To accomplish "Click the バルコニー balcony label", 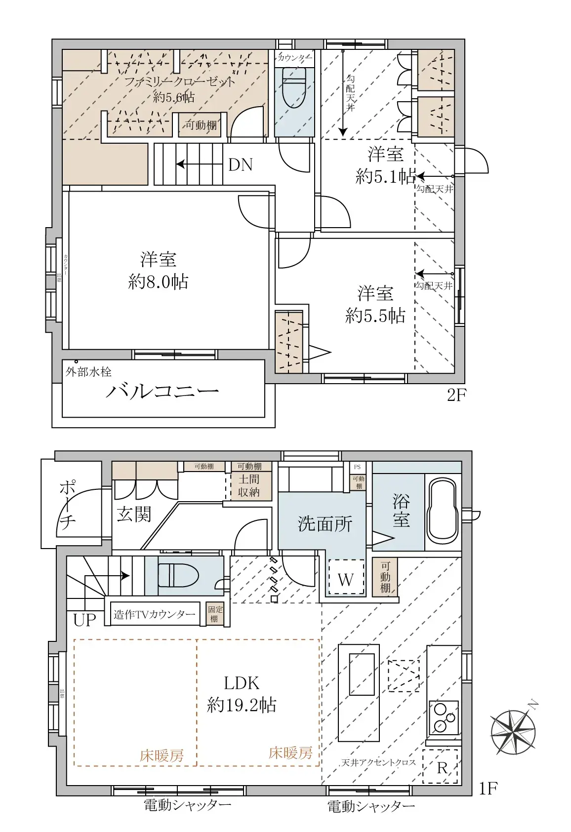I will (x=163, y=392).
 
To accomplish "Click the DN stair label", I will (x=241, y=165).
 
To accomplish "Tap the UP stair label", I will (x=84, y=620).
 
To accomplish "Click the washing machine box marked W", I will (x=346, y=579).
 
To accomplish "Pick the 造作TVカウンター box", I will (x=155, y=615).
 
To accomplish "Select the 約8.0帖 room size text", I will (x=158, y=282).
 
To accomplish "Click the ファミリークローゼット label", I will (x=179, y=81).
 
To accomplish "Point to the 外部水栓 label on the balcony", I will (x=88, y=372).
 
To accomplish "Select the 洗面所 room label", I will (x=325, y=524).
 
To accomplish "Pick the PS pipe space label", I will (x=357, y=467).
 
